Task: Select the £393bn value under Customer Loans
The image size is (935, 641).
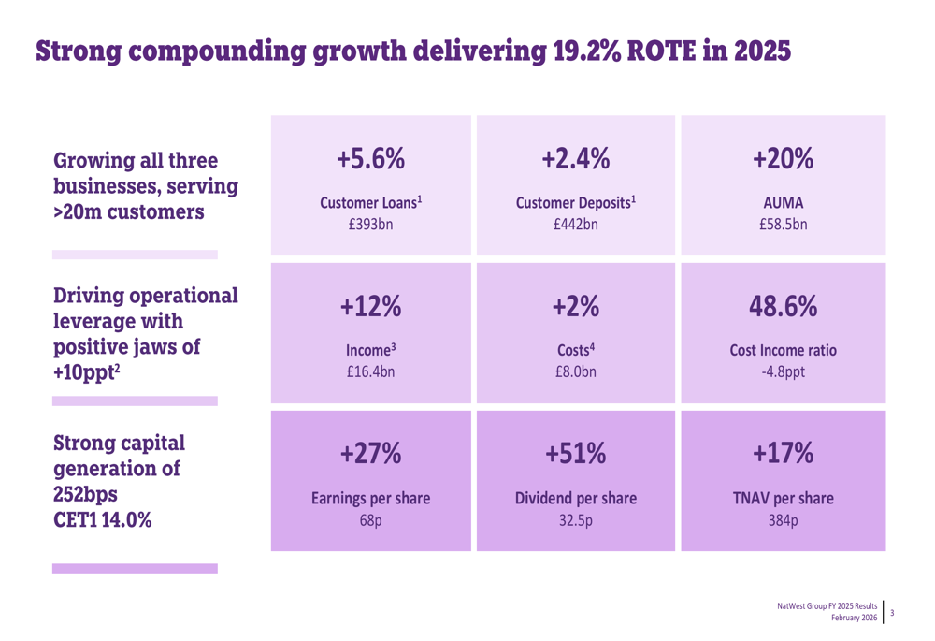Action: tap(371, 225)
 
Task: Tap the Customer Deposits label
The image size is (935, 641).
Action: tap(577, 203)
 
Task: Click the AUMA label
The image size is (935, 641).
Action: tap(783, 203)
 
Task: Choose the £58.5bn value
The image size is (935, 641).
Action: tap(783, 225)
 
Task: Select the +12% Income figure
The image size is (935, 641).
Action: tap(371, 307)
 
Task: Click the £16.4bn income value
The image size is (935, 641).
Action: tap(371, 371)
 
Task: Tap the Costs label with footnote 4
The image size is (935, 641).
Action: tap(576, 349)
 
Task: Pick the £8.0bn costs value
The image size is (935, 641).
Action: tap(576, 371)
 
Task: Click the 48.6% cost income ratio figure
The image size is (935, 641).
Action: tap(783, 307)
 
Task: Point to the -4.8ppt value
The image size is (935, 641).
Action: tap(783, 371)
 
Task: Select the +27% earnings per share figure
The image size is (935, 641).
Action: tap(371, 455)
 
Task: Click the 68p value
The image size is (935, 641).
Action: tap(371, 519)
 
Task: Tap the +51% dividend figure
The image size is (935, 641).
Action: tap(576, 455)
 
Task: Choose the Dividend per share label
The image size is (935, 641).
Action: tap(576, 499)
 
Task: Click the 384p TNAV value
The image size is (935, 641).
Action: tap(783, 519)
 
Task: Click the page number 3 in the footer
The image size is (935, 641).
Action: tap(892, 613)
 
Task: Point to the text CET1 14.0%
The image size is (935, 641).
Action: tap(103, 519)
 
